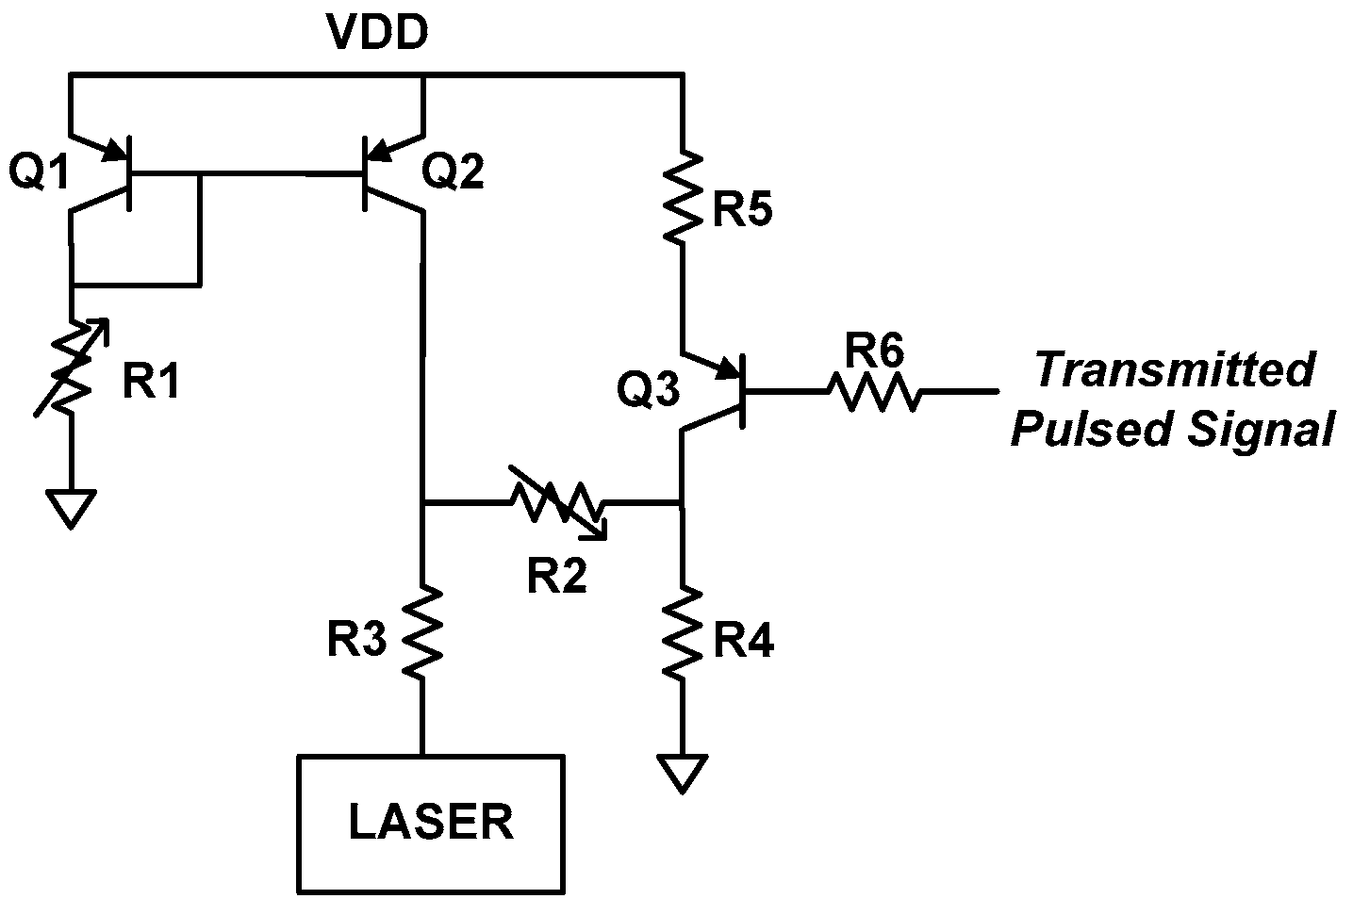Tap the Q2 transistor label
tap(453, 172)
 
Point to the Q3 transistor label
tap(648, 388)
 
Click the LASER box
tap(432, 823)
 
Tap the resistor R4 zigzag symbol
tap(681, 629)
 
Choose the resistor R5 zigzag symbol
tap(681, 193)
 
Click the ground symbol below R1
tap(72, 508)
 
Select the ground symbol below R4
tap(681, 773)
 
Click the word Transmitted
tap(1174, 370)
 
